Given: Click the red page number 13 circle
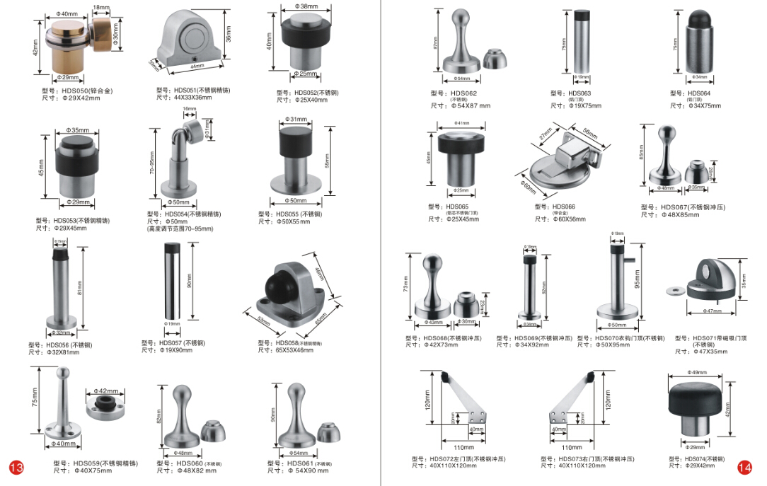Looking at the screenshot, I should pyautogui.click(x=16, y=468).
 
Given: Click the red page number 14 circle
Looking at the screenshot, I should pyautogui.click(x=744, y=468).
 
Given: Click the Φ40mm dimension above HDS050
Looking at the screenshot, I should pyautogui.click(x=67, y=14).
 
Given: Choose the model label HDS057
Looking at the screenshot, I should pyautogui.click(x=173, y=343).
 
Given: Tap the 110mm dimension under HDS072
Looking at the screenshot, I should pyautogui.click(x=463, y=447).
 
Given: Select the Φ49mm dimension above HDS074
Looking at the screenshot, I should pyautogui.click(x=697, y=373).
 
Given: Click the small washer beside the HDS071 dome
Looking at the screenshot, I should pyautogui.click(x=674, y=288).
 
